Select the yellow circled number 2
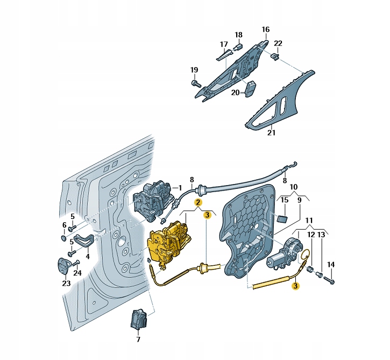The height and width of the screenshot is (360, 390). [198, 202]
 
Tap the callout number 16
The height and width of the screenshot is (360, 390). [265, 30]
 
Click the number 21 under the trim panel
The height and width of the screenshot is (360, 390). [271, 132]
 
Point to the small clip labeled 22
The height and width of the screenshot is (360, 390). [275, 57]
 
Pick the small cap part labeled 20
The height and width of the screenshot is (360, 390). [250, 88]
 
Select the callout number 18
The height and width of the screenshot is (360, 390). [238, 35]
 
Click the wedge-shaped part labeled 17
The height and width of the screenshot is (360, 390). [224, 55]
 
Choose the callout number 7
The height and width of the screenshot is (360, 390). [138, 339]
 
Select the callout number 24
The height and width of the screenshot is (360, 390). [77, 273]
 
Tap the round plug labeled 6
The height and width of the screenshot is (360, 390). [63, 238]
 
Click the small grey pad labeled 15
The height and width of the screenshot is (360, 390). [282, 218]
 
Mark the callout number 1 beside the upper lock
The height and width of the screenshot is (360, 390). [180, 188]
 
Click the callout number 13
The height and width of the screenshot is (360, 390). [321, 235]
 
